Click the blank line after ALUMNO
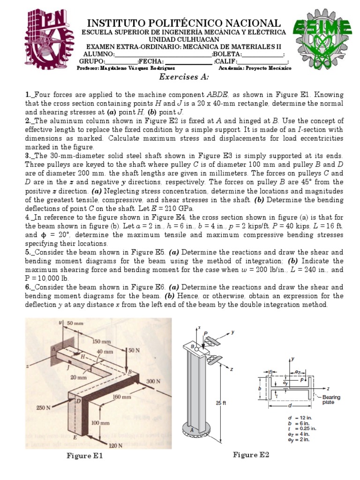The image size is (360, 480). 160,54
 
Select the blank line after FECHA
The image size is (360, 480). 188,61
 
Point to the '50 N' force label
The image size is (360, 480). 134,350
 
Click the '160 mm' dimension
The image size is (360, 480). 121,397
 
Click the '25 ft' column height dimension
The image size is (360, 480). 219,402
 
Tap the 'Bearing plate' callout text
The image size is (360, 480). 331,399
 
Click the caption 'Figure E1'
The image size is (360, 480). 85,455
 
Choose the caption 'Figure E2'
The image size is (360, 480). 252,455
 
